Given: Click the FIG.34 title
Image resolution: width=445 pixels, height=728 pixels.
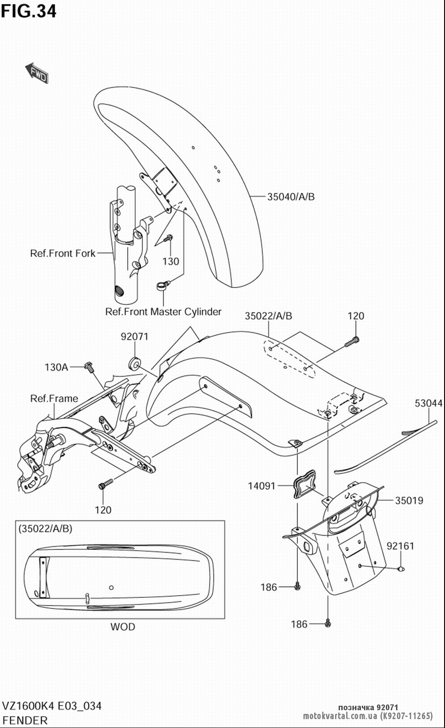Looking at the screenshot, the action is [x=28, y=11].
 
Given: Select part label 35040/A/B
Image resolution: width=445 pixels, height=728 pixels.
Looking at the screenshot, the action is [x=291, y=196].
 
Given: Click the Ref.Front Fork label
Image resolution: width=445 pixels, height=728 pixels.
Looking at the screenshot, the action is [x=63, y=253].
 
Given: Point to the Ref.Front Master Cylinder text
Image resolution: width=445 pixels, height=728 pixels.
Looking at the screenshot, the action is [x=163, y=312].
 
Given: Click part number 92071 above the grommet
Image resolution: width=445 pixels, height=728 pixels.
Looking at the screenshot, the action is [x=135, y=336].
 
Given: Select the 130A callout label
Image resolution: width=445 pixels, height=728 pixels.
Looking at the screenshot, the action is [x=56, y=367].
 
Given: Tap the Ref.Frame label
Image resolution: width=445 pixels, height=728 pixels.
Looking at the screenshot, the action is [x=54, y=399].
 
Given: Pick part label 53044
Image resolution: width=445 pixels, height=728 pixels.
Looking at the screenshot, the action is [x=429, y=403].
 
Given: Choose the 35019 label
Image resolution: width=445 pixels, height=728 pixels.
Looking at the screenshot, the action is [x=409, y=500].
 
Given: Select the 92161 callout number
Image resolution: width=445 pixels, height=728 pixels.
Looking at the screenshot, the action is [x=400, y=546].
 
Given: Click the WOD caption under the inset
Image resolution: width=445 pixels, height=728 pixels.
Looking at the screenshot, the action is [x=123, y=627].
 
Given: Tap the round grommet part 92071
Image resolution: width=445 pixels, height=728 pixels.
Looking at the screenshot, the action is [x=134, y=363].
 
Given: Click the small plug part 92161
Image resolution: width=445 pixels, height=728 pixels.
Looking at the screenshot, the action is [x=401, y=569].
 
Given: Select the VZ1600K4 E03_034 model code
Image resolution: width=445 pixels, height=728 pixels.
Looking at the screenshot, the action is [x=52, y=706].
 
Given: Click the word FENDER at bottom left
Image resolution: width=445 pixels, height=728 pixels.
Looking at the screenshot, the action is [x=25, y=720].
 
